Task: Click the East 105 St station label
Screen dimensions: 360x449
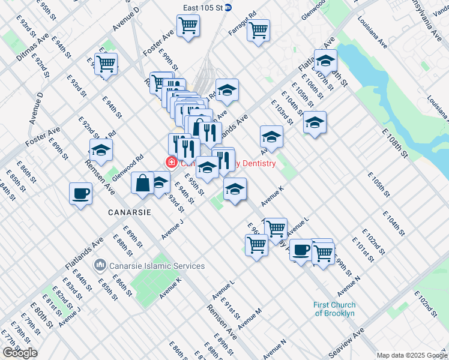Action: [x=206, y=8]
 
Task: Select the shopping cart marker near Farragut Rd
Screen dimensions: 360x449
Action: [x=258, y=29]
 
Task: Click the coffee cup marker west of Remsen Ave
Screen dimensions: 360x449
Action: [x=80, y=194]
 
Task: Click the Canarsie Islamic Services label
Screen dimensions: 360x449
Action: [x=157, y=266]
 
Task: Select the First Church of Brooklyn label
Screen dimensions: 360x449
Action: [x=334, y=309]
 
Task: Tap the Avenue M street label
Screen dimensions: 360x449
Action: [x=250, y=319]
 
